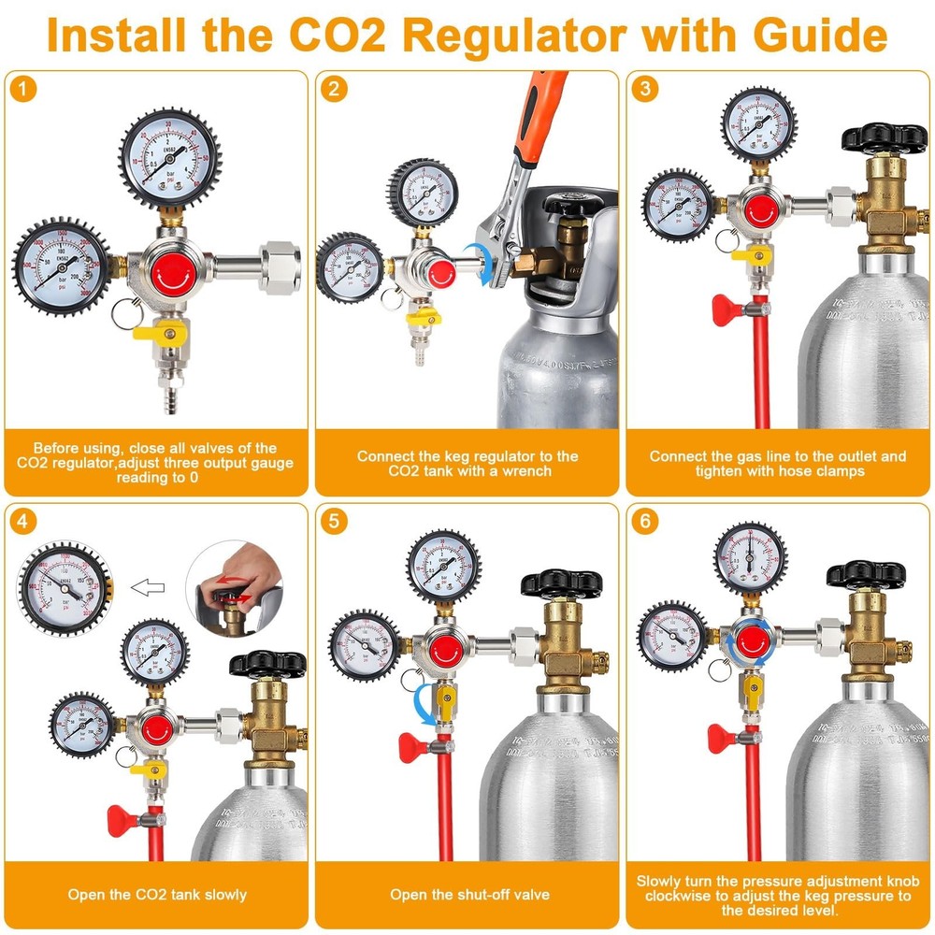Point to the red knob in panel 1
click(169, 266)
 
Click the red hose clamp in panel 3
click(729, 309)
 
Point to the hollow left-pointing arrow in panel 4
click(147, 588)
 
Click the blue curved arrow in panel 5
click(422, 701)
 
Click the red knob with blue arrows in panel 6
click(747, 641)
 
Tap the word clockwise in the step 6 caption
click(683, 896)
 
